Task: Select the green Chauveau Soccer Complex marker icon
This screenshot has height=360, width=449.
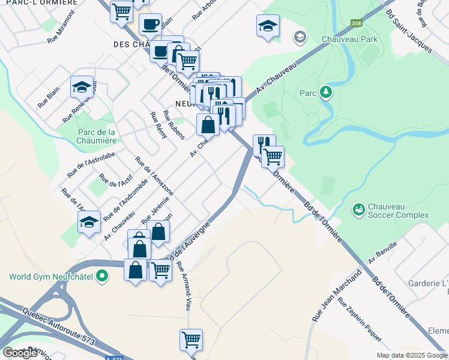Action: click(x=358, y=209)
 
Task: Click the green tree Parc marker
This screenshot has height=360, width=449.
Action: click(x=325, y=92)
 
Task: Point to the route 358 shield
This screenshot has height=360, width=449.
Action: click(x=357, y=23)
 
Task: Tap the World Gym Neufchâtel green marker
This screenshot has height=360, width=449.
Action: click(x=102, y=277)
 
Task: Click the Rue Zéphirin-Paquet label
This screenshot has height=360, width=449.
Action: click(x=359, y=319)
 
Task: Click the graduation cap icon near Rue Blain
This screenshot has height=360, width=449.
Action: click(x=82, y=88)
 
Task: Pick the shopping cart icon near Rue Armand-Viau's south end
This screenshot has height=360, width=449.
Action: click(x=191, y=340)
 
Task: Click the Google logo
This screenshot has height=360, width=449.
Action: click(x=19, y=353)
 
